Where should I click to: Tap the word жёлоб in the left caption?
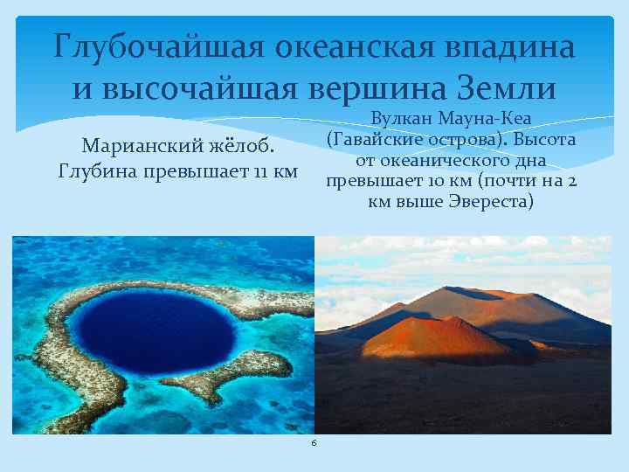(245, 143)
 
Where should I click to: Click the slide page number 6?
(314, 444)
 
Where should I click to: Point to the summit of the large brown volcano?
(490, 289)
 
